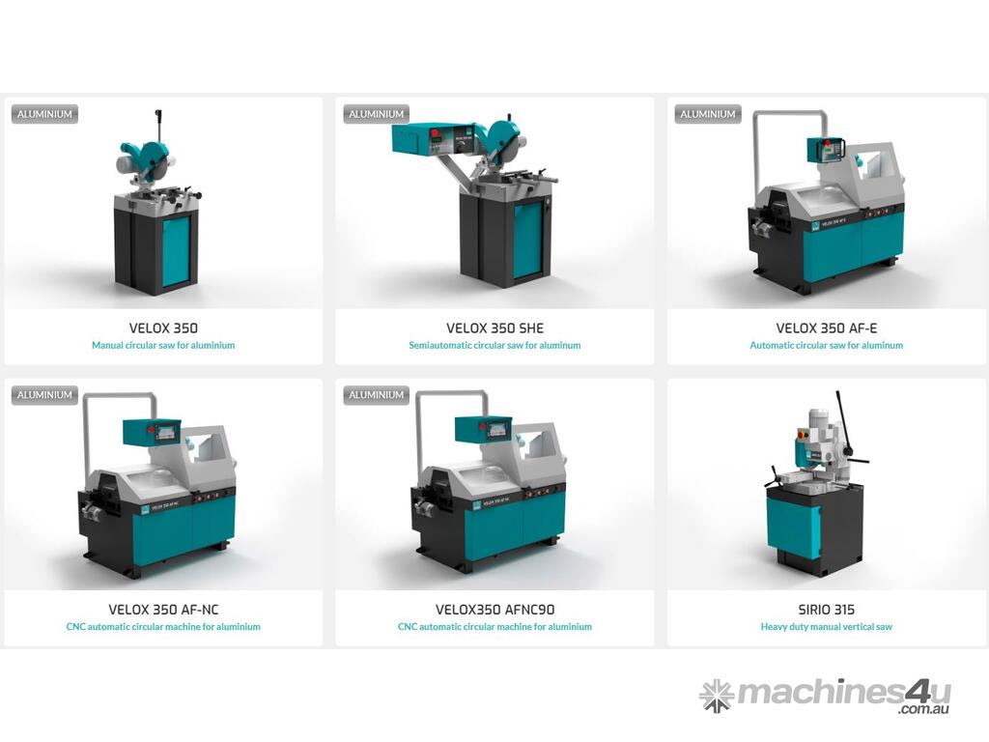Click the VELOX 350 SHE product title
[x=494, y=328]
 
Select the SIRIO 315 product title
[x=827, y=610]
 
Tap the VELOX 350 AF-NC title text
[x=163, y=610]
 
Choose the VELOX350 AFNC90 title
[x=494, y=610]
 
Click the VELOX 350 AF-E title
[x=827, y=328]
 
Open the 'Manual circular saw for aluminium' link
[x=163, y=345]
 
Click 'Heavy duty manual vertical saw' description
[x=827, y=626]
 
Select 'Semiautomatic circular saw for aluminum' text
[x=494, y=345]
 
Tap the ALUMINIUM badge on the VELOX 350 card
[x=44, y=114]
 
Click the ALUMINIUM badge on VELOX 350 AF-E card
[x=708, y=114]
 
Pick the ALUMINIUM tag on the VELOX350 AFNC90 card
[x=377, y=395]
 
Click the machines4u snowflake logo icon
[x=716, y=696]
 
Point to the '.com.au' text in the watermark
[x=924, y=709]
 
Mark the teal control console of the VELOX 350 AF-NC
[x=152, y=432]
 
